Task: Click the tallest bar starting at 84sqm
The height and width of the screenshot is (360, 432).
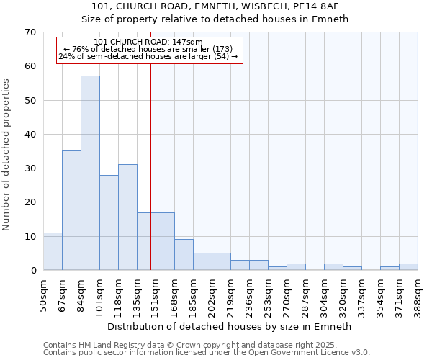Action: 90,173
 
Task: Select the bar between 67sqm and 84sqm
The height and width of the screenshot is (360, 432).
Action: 71,210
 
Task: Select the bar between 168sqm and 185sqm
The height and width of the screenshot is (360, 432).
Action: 184,254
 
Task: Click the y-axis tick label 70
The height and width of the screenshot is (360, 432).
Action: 30,32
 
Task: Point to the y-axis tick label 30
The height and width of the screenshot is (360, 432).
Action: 30,168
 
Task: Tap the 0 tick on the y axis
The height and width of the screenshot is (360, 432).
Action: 32,271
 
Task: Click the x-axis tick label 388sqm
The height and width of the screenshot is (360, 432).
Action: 418,294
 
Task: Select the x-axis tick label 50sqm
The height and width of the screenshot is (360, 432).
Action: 43,294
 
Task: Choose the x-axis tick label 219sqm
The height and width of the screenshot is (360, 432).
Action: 230,294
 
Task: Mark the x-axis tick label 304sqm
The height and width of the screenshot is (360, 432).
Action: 324,294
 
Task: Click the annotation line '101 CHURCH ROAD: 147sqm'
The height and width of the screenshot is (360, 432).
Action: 148,42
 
